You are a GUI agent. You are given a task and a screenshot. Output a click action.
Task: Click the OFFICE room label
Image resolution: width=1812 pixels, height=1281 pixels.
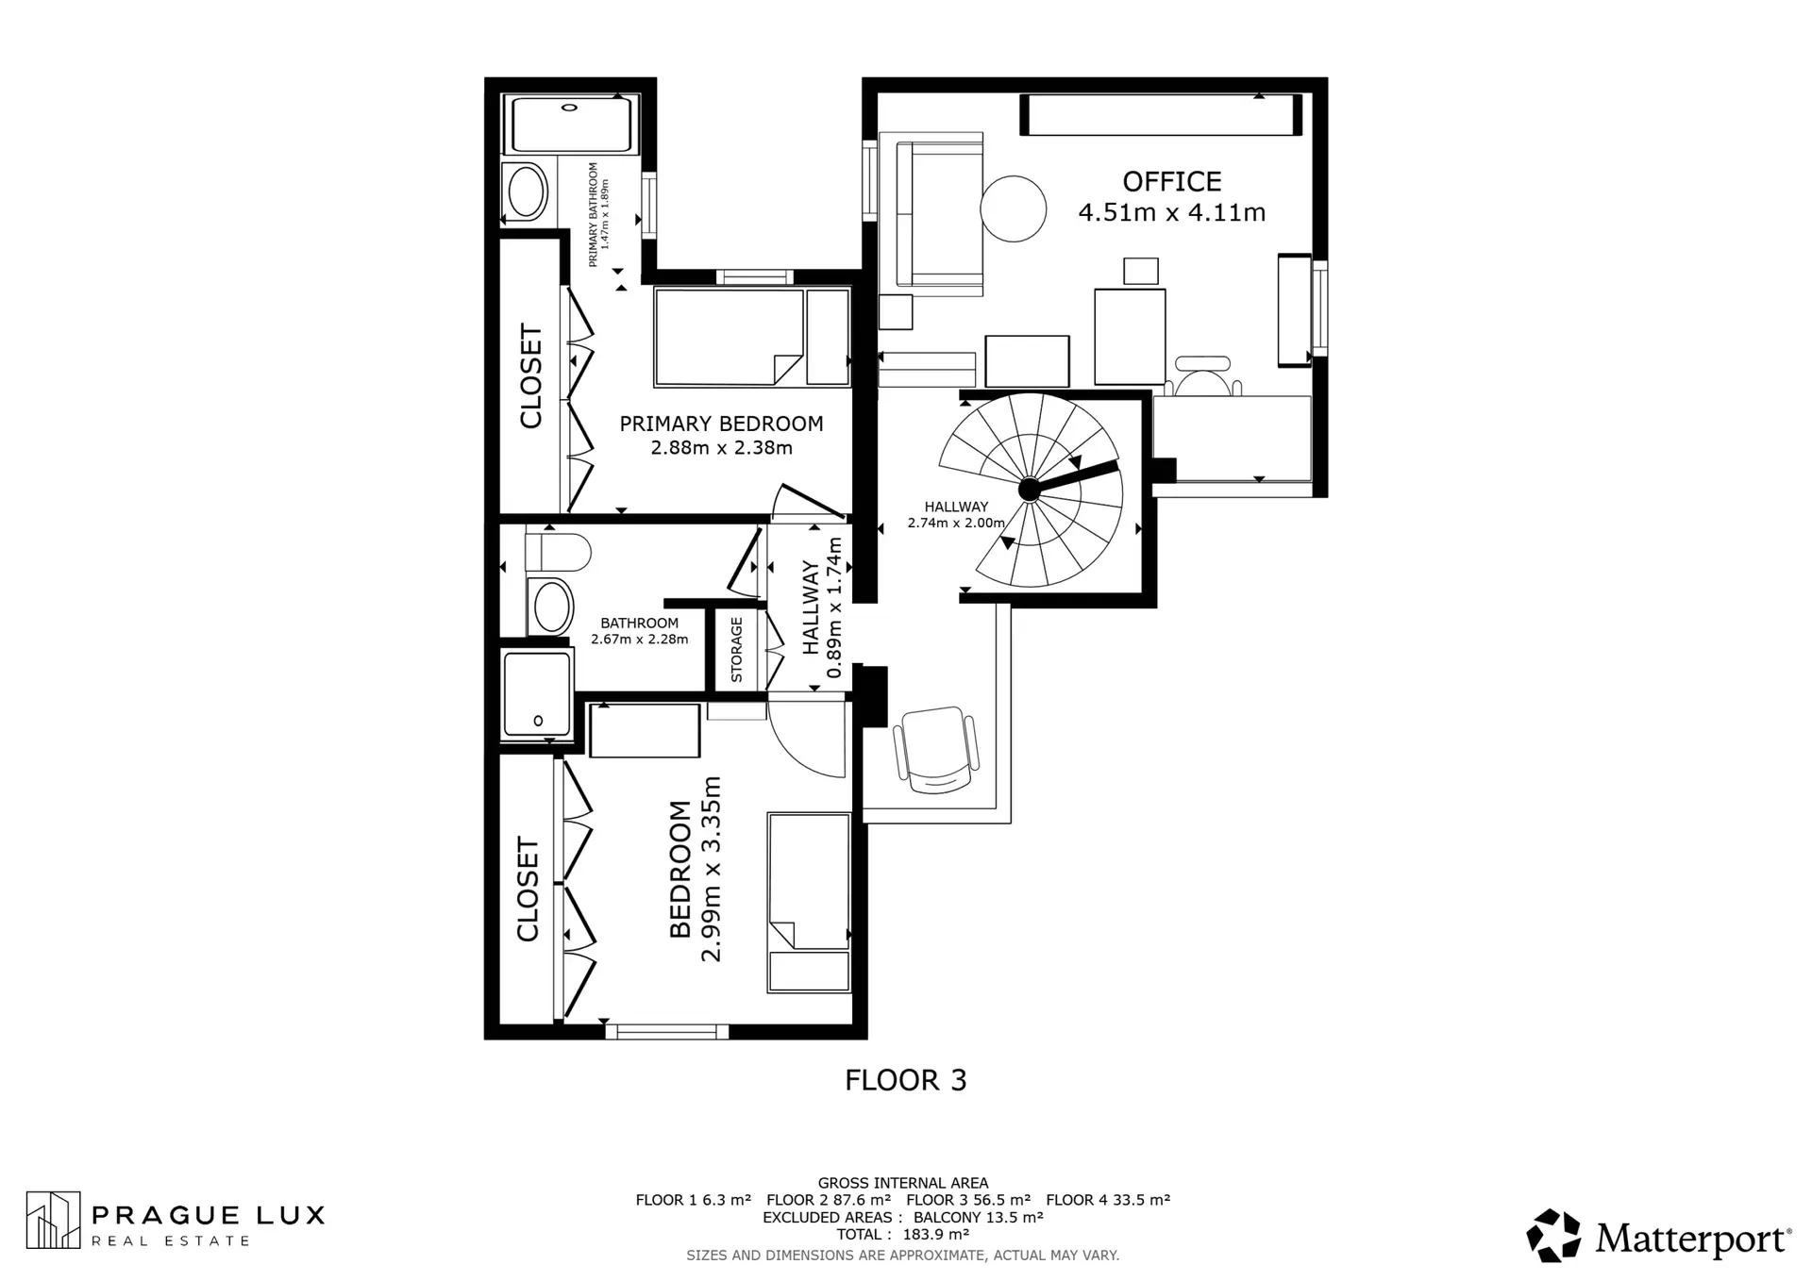(x=1171, y=181)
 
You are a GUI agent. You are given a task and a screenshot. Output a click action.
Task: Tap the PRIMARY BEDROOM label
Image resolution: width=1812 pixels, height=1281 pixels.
(x=721, y=424)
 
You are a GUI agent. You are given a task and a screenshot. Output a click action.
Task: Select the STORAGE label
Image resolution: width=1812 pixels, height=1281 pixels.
(x=737, y=650)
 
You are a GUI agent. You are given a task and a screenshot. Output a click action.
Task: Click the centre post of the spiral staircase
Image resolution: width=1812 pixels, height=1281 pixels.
(x=1029, y=489)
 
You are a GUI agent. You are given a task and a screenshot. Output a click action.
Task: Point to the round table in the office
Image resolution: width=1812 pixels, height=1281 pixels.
(x=1013, y=209)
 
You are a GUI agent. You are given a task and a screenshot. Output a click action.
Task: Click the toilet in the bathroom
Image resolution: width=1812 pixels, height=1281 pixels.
(x=557, y=552)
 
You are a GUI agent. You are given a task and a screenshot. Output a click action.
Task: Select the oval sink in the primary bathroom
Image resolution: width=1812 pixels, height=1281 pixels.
(x=527, y=192)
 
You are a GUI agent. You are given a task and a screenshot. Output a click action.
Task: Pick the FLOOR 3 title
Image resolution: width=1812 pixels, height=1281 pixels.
(x=906, y=1080)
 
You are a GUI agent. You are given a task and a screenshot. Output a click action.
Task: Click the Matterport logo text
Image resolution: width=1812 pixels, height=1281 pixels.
(x=1693, y=1238)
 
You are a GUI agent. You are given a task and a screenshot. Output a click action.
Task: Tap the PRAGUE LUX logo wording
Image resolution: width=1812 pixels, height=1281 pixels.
(x=208, y=1215)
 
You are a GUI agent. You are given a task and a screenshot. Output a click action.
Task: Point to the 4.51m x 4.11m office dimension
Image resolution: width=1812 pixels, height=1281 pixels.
(x=1171, y=213)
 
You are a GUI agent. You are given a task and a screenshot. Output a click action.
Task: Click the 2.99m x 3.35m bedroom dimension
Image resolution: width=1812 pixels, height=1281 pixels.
(x=712, y=869)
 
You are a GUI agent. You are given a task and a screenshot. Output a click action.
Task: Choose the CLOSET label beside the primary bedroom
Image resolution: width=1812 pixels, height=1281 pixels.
(x=531, y=376)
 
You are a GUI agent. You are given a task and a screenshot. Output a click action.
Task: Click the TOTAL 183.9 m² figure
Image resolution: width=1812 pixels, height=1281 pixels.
(x=902, y=1234)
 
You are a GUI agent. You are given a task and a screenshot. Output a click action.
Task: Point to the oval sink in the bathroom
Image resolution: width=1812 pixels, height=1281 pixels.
(x=551, y=606)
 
